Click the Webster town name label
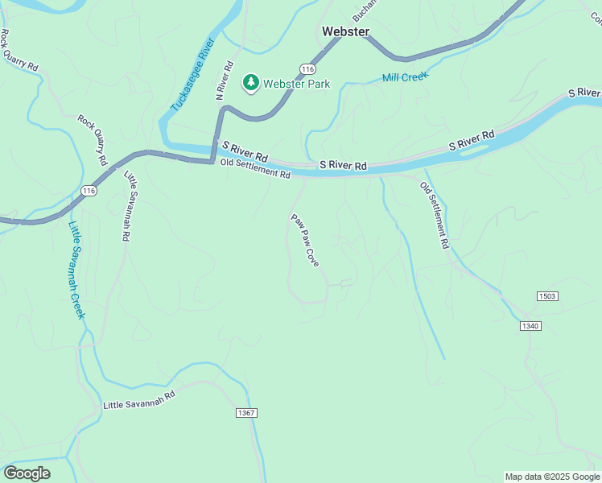(x=345, y=31)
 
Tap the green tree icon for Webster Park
(x=250, y=83)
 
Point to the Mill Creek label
(x=405, y=77)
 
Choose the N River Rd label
(x=224, y=80)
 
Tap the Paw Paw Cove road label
(x=305, y=240)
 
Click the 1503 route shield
(x=547, y=296)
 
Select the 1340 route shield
(x=530, y=326)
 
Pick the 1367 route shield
(x=246, y=413)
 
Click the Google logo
(x=27, y=473)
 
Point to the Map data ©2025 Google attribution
(x=552, y=477)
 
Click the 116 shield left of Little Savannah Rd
(x=89, y=191)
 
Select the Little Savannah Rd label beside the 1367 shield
(x=139, y=401)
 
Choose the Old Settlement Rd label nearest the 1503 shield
(x=434, y=215)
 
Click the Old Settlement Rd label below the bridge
(x=255, y=169)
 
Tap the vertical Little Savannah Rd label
(x=128, y=207)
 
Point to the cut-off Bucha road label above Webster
(x=364, y=10)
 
